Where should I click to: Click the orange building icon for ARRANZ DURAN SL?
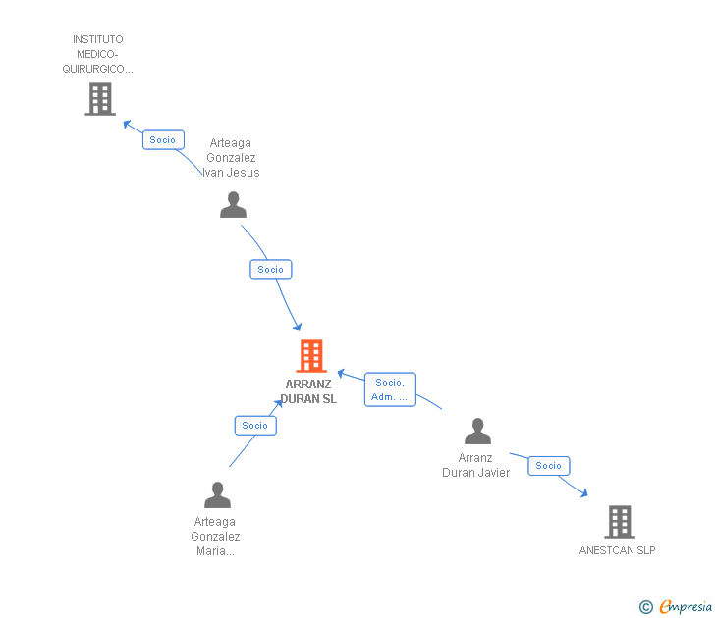[310, 356]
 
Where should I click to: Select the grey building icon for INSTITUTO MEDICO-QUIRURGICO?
[99, 99]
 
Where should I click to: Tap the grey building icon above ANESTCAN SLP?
[619, 522]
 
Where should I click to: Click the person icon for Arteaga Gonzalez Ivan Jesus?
[233, 204]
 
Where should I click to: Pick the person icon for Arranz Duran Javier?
[477, 431]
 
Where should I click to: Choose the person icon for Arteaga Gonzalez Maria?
[217, 494]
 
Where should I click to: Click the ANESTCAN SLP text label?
[617, 550]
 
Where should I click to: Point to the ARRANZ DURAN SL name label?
[308, 391]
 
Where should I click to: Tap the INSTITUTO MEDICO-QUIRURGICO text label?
[98, 55]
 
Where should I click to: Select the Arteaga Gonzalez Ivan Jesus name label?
[232, 158]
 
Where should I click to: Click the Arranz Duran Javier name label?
[476, 465]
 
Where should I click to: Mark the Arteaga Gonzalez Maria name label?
[215, 537]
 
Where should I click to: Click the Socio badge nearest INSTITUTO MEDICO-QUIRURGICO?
[163, 140]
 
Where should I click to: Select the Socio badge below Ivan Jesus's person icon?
[270, 269]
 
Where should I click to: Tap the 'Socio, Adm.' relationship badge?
[390, 389]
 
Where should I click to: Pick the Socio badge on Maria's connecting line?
[255, 425]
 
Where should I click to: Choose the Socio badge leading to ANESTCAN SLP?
[548, 466]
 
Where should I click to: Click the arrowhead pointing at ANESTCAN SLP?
[584, 493]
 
